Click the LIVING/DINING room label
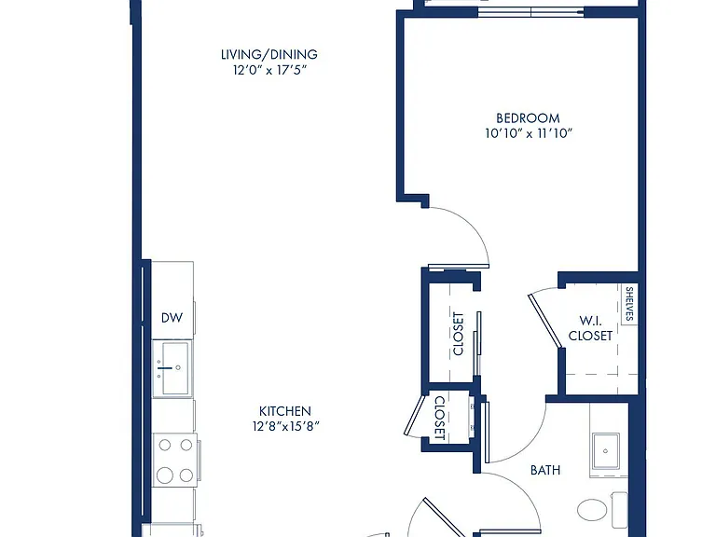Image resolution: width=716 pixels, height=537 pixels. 268,54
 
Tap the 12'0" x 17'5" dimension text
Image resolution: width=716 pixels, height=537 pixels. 268,70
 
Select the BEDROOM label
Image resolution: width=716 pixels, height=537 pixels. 528,118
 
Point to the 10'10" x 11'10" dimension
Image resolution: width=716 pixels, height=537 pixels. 529,133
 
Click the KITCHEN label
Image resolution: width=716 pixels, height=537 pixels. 285,410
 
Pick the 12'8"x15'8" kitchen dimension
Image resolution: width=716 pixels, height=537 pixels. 285,426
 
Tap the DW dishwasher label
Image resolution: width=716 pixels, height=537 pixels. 172,317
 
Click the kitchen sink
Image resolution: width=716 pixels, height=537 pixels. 172,368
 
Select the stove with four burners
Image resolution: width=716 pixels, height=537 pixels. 175,460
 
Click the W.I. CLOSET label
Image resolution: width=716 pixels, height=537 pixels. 590,328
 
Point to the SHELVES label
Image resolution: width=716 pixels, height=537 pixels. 629,304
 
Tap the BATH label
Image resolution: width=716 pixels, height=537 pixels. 545,470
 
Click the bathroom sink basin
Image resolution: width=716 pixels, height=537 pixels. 605,451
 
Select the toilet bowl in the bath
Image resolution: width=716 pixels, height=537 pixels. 592,509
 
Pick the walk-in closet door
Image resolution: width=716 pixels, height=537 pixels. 544,320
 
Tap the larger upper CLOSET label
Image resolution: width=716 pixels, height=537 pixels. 458,334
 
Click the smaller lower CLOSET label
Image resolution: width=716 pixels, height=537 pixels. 439,418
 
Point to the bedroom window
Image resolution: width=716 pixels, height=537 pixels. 530,12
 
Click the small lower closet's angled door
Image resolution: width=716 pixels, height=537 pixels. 415,415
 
